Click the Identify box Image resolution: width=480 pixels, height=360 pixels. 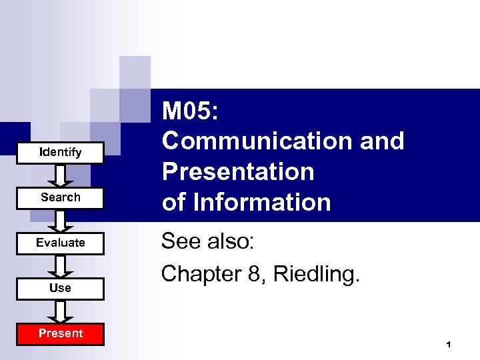pyautogui.click(x=60, y=153)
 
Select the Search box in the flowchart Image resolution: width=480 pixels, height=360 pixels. pyautogui.click(x=60, y=198)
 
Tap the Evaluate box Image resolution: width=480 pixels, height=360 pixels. pyautogui.click(x=60, y=243)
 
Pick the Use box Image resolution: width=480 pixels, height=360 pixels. pyautogui.click(x=60, y=289)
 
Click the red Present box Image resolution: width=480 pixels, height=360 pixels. pyautogui.click(x=60, y=333)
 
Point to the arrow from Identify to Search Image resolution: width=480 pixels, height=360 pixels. pyautogui.click(x=61, y=175)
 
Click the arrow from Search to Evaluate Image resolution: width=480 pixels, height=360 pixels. pyautogui.click(x=61, y=221)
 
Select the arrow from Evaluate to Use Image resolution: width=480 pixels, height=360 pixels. pyautogui.click(x=61, y=266)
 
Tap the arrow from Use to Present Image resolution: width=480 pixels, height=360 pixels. pyautogui.click(x=61, y=311)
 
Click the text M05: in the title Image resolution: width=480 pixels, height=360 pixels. pyautogui.click(x=190, y=111)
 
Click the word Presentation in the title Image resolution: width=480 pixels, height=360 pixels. pyautogui.click(x=238, y=172)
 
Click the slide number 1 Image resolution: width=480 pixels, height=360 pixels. pyautogui.click(x=449, y=345)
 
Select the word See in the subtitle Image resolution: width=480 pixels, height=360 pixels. pyautogui.click(x=179, y=242)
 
